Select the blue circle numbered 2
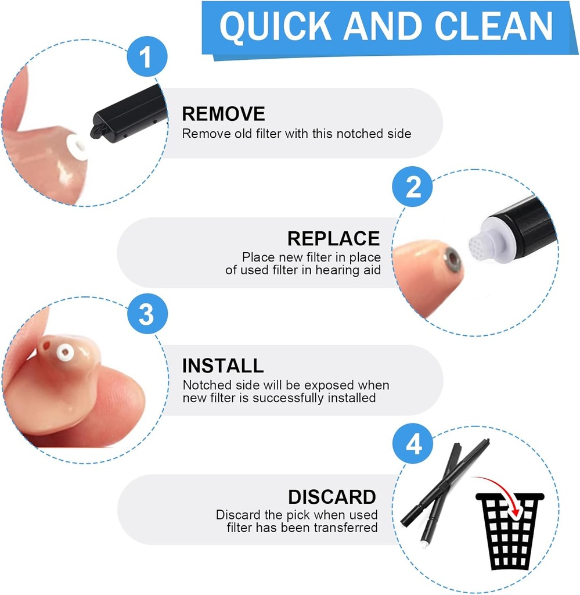click(412, 188)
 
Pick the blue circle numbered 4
click(412, 446)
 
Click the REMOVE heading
click(224, 114)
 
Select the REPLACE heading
click(333, 238)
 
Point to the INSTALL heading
click(223, 365)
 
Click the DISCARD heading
click(332, 497)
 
